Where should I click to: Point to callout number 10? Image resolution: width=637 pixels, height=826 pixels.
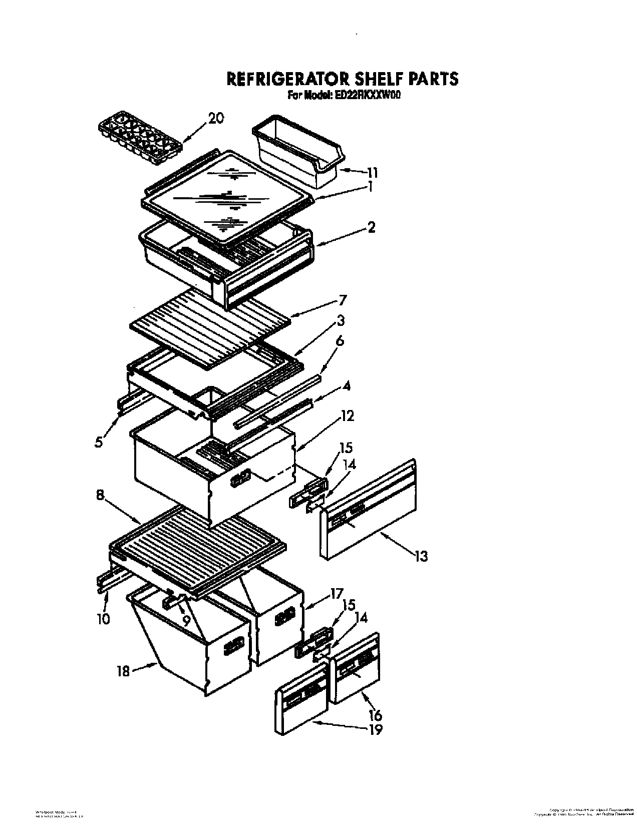[103, 619]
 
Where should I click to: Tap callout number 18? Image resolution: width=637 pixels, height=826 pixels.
[123, 671]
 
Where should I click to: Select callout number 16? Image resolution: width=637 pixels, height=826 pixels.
[376, 714]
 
